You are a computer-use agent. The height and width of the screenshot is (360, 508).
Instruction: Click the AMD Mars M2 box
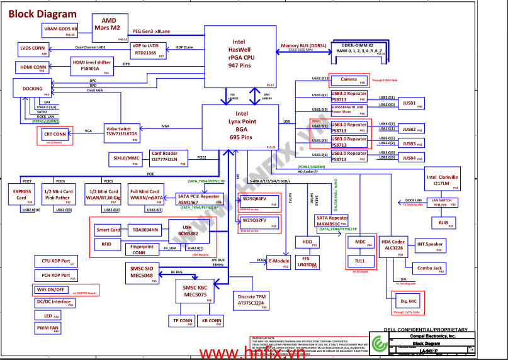pos(110,23)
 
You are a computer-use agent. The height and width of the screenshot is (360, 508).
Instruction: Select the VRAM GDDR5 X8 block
pos(60,29)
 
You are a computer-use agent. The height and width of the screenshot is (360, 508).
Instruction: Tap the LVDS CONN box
pos(33,48)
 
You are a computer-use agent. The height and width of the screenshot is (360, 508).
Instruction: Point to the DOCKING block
pos(32,88)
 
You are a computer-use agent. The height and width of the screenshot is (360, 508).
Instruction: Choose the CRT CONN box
pos(55,134)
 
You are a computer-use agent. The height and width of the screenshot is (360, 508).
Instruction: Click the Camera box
pos(349,79)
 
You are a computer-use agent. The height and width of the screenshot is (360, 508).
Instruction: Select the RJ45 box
pos(443,223)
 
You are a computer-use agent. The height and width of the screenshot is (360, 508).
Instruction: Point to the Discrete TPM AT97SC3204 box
pos(251,299)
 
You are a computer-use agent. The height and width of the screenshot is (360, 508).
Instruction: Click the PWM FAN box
pos(47,328)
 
